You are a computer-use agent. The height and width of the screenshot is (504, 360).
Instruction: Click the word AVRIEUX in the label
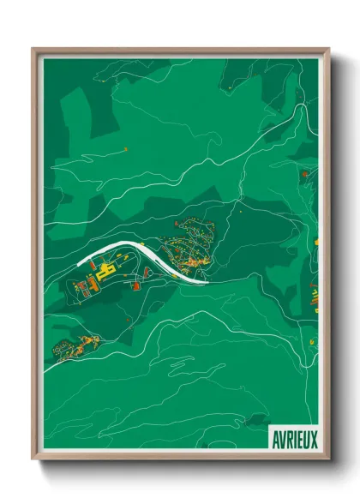coord(294,438)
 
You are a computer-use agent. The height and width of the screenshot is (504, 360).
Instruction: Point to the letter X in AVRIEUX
coord(313,438)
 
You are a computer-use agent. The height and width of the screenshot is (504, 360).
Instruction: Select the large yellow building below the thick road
coord(106,273)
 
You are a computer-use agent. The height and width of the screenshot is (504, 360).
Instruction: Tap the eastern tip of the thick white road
coord(206,279)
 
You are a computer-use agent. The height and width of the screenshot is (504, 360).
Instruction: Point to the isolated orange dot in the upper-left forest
coord(126,149)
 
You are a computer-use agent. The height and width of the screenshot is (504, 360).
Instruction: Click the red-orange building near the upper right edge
coord(303,173)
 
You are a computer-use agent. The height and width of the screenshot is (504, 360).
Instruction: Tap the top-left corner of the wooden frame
coord(34,50)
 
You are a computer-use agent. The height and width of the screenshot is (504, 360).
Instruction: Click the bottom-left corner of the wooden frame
coord(34,459)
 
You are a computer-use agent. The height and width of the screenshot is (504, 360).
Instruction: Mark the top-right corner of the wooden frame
coord(327,50)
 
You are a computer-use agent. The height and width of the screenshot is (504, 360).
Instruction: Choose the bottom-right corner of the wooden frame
coord(327,459)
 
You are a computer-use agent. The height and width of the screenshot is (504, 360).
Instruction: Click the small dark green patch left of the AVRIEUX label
coord(255,420)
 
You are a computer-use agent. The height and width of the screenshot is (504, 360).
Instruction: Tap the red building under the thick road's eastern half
coord(146,272)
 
